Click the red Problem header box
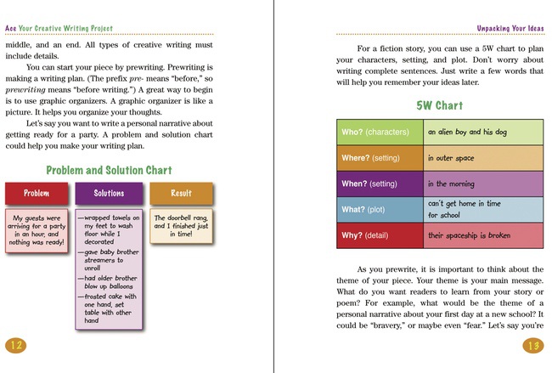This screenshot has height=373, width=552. [36, 193]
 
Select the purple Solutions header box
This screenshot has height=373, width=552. [109, 193]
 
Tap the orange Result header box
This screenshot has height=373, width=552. [181, 193]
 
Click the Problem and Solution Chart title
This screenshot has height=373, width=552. [109, 170]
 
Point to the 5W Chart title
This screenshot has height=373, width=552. [439, 105]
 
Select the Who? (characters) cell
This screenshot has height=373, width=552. [380, 133]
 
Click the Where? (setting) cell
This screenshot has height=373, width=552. [380, 158]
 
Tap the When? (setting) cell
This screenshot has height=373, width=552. [380, 184]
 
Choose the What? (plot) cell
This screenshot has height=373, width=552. [380, 209]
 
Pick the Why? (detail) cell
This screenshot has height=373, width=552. [380, 235]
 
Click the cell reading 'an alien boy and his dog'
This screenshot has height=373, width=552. [482, 133]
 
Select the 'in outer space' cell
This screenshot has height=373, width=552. [482, 158]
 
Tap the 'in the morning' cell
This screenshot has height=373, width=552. [482, 184]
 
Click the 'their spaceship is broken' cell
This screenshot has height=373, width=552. [482, 235]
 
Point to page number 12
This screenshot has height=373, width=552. [16, 344]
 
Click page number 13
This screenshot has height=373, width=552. [533, 344]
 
